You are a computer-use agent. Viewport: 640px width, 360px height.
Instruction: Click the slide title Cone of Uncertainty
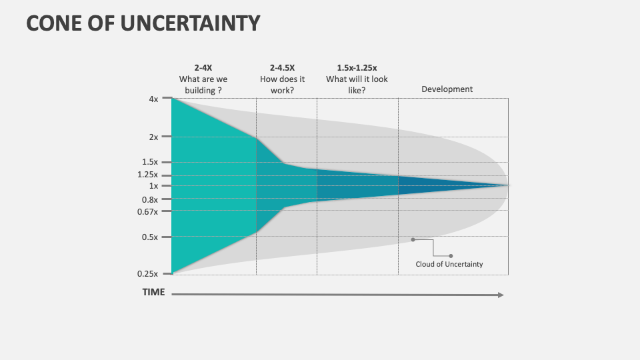coord(143,23)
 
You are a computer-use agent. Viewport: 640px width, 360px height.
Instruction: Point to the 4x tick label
coord(153,99)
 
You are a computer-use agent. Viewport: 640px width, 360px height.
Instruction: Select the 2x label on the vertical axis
coord(153,137)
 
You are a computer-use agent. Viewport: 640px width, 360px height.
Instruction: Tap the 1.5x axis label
coord(150,162)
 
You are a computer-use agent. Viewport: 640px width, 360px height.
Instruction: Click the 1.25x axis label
coord(148,175)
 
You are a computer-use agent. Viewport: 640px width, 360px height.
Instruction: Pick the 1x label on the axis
coord(153,186)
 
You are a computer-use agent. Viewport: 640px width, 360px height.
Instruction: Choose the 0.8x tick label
coord(150,199)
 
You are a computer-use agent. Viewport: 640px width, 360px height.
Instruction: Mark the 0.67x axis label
coord(148,211)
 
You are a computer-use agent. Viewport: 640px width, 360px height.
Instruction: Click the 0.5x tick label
coord(150,237)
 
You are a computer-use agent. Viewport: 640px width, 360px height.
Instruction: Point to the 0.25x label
coord(148,273)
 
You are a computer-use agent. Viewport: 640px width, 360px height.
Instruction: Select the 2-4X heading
coord(203,67)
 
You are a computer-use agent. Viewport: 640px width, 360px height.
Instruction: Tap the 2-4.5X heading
coord(282,67)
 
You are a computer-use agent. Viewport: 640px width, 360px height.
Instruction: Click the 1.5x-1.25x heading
coord(357,67)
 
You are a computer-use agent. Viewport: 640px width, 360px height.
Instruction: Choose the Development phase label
coord(447,89)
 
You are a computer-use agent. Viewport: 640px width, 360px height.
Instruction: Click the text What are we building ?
coord(203,85)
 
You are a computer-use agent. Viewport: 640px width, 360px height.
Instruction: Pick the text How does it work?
coord(282,85)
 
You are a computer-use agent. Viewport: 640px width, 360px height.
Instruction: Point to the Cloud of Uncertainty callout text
coord(449,264)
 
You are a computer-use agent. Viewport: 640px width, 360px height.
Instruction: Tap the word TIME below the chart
coord(153,292)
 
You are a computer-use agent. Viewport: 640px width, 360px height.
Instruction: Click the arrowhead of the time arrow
coord(501,295)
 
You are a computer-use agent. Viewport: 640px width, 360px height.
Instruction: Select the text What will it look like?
coord(357,85)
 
